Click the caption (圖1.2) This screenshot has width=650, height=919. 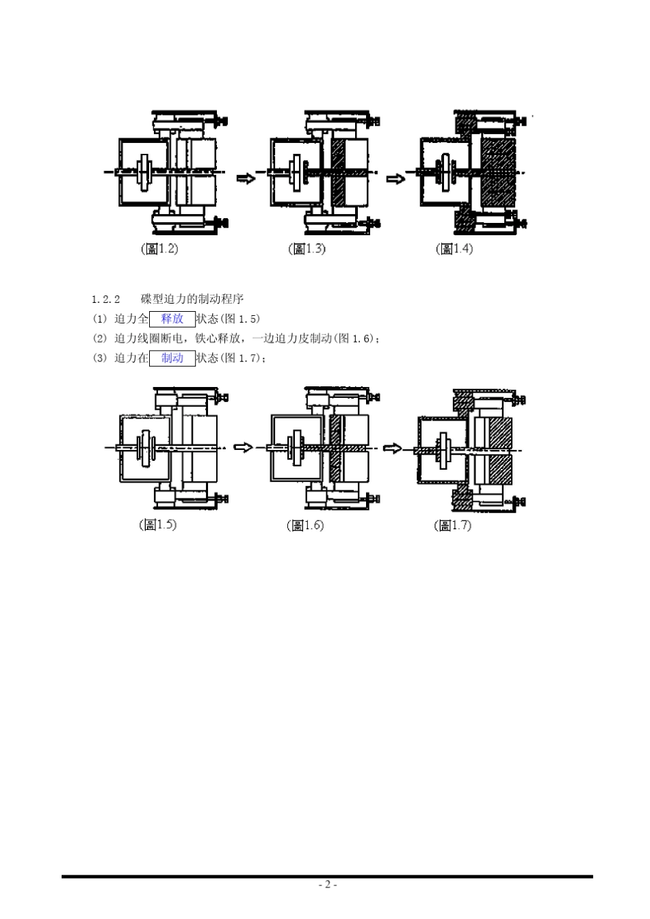pyautogui.click(x=159, y=249)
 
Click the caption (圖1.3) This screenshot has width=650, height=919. pyautogui.click(x=307, y=249)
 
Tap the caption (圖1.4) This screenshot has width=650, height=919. pyautogui.click(x=454, y=249)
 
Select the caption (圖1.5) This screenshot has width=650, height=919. pyautogui.click(x=157, y=524)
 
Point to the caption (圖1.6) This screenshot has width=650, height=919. pyautogui.click(x=305, y=525)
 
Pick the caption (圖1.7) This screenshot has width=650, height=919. pyautogui.click(x=452, y=525)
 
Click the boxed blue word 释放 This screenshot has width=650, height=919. pyautogui.click(x=172, y=319)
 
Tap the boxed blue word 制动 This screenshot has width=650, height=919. pyautogui.click(x=172, y=358)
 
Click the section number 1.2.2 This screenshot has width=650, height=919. pyautogui.click(x=105, y=299)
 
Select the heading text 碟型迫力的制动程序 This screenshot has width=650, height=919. pyautogui.click(x=192, y=299)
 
